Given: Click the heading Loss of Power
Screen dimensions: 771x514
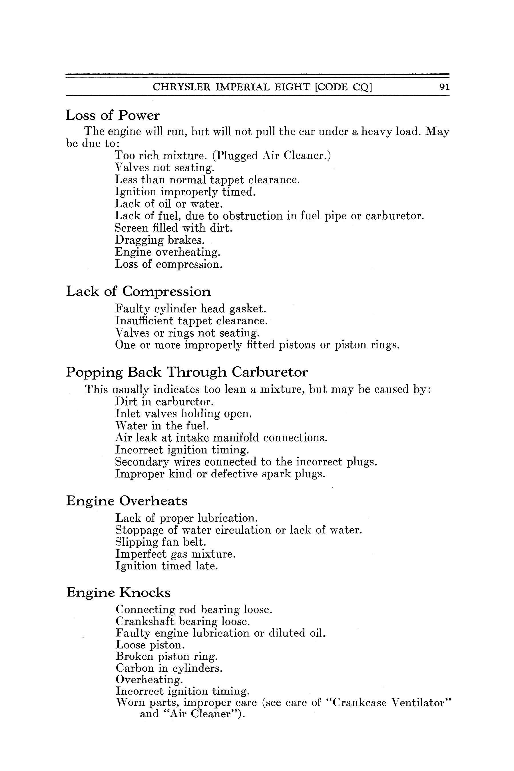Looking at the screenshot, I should point(113,115).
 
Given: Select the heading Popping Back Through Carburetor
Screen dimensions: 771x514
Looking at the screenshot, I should point(187,372).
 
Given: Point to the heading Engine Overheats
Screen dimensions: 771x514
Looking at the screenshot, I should point(127,501).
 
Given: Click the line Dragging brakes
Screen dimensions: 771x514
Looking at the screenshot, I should point(160,240).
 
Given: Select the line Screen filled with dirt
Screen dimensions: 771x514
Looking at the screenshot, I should point(173,228).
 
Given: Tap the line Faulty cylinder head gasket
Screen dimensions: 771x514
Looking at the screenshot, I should point(190,309).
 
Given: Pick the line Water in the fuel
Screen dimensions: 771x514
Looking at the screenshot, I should point(162,426).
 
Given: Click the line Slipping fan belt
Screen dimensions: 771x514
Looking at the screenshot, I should point(160,542).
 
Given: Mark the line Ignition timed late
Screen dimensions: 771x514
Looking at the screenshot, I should point(166,566).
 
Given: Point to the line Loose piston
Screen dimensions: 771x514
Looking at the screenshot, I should point(150,645).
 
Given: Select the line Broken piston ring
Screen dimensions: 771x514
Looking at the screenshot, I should point(166,656).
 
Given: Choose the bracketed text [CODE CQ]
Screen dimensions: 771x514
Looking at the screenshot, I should point(343,87).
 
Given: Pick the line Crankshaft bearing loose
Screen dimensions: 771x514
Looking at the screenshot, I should point(182,621).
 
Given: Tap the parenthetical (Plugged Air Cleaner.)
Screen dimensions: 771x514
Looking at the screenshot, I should point(272,155).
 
